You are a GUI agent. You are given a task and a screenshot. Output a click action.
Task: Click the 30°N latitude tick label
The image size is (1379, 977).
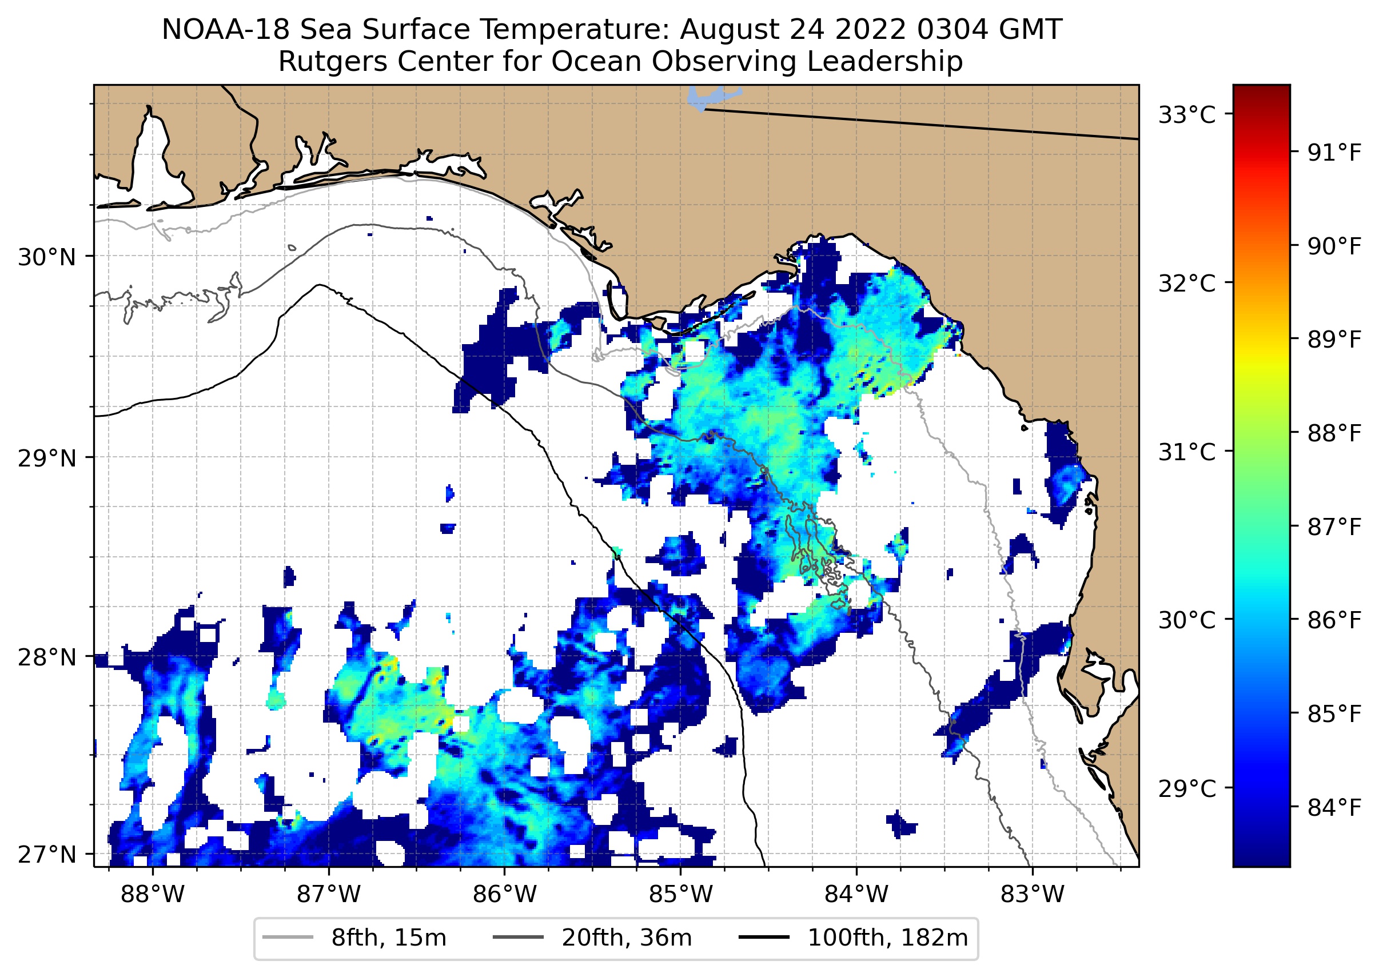47,257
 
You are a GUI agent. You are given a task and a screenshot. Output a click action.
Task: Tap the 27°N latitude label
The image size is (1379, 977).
47,855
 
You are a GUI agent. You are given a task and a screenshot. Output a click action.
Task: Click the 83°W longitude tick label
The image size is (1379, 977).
1033,895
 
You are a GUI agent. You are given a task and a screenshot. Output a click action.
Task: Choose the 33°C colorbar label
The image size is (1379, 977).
1187,115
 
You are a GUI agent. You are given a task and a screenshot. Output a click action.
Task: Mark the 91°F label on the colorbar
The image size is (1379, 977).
1334,153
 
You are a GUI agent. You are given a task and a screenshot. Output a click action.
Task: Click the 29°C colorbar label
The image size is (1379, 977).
1187,788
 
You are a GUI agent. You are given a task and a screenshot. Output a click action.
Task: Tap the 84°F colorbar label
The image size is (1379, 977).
1334,808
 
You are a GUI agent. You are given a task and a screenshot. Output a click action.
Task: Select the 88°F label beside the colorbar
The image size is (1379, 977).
1334,433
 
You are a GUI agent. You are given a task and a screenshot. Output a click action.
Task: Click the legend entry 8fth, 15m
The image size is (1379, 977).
389,938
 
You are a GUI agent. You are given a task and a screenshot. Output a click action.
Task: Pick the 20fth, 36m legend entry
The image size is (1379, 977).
627,938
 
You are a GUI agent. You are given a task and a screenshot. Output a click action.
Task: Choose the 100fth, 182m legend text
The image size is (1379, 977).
887,938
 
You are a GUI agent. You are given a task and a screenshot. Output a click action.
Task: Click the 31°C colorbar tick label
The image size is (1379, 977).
1187,452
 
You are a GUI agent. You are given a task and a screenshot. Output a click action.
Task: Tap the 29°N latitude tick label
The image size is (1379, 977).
47,458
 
